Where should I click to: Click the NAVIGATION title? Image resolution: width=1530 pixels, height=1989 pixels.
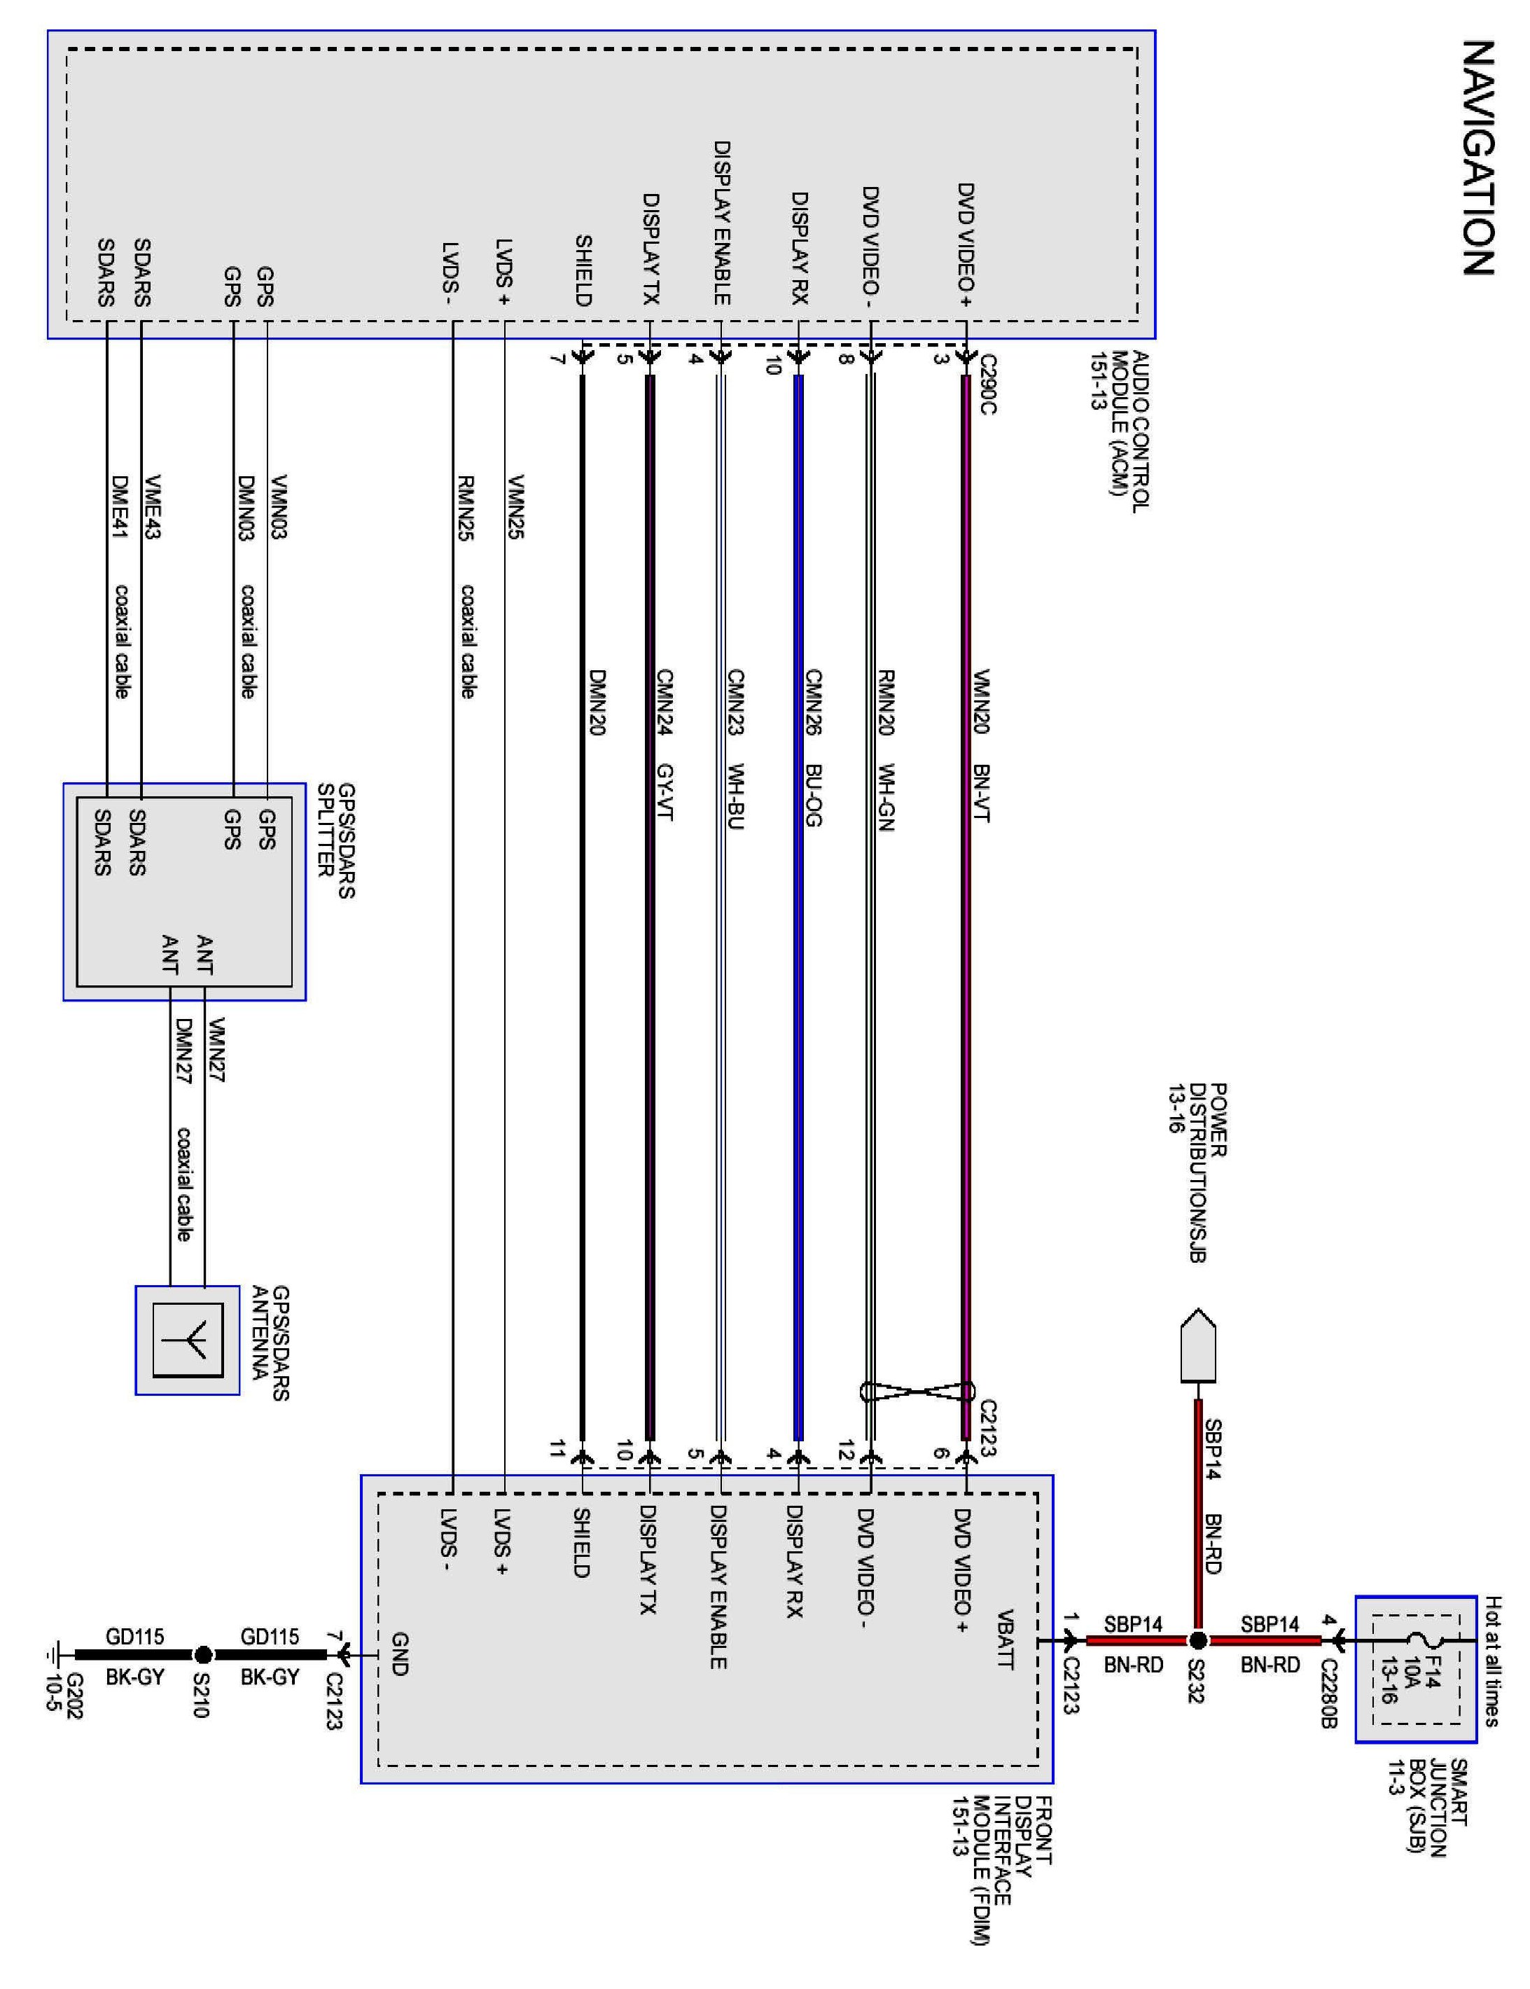click(x=1477, y=158)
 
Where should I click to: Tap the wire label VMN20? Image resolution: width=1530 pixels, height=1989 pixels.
click(x=981, y=701)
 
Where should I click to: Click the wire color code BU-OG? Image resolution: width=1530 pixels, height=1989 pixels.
click(x=813, y=795)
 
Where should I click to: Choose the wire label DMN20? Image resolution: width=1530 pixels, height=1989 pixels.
click(x=597, y=702)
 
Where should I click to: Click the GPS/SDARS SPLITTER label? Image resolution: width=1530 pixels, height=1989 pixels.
click(x=335, y=840)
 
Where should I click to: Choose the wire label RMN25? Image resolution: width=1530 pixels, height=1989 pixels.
click(x=466, y=507)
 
